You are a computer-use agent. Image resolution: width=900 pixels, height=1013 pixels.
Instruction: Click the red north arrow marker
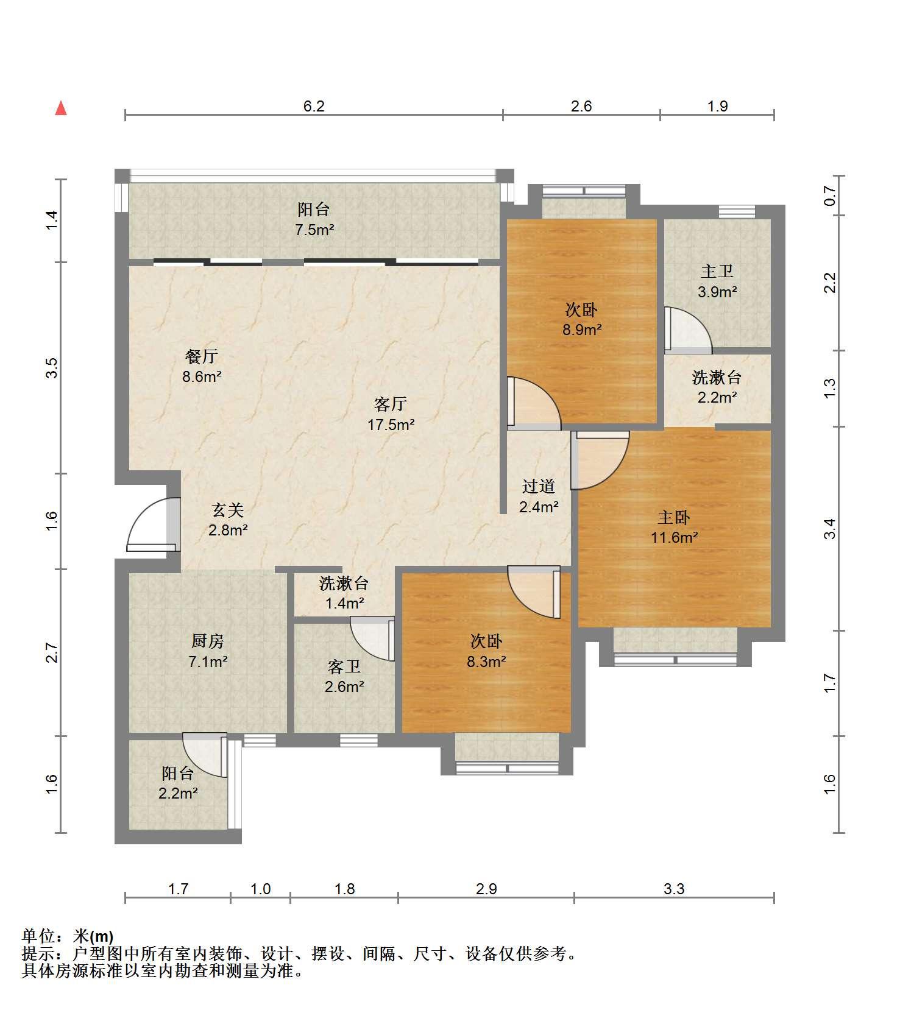click(x=60, y=108)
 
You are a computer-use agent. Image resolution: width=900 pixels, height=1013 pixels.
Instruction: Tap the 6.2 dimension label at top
click(x=314, y=106)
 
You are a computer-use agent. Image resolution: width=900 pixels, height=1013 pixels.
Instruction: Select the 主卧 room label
click(x=673, y=517)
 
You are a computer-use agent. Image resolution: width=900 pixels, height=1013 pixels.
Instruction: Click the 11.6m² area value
click(x=673, y=537)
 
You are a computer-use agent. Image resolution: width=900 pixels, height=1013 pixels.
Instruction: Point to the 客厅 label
click(x=391, y=404)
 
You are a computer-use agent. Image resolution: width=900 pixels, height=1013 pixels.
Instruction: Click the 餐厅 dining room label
click(x=202, y=356)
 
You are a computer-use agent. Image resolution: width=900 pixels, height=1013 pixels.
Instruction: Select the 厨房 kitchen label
click(x=208, y=640)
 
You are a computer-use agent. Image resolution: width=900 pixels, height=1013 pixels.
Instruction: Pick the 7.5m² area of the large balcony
click(x=314, y=230)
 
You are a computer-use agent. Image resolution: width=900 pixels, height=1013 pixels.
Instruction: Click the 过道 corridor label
click(x=539, y=486)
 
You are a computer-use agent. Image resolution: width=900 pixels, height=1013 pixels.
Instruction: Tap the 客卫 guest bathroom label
click(x=344, y=667)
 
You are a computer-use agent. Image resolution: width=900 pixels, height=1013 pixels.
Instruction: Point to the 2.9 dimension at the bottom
click(x=486, y=889)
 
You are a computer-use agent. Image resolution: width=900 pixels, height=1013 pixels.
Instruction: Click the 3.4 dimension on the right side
click(x=829, y=528)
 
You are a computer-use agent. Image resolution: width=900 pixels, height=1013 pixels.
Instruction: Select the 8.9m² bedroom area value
click(x=582, y=330)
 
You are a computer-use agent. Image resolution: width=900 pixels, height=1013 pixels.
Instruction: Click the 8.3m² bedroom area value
click(x=486, y=661)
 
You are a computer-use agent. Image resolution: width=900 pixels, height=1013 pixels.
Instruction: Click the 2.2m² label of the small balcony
click(x=178, y=793)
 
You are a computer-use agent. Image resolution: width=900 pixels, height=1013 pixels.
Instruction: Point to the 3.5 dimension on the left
click(x=52, y=368)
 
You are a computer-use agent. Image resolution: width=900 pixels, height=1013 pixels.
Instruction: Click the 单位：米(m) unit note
click(x=68, y=936)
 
